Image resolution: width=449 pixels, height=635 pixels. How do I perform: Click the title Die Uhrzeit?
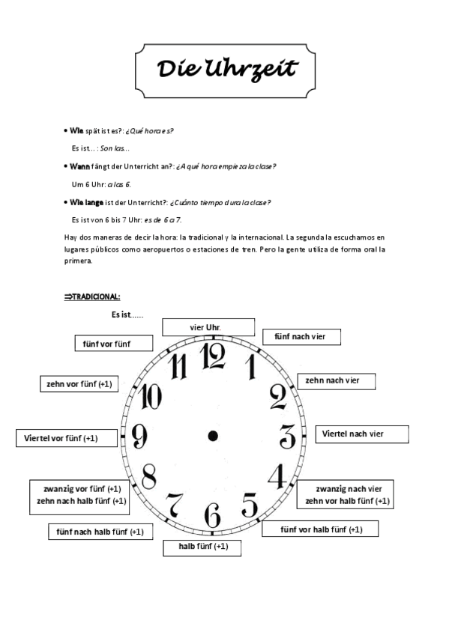(x=226, y=69)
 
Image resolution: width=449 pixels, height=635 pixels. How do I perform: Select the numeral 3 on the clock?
(x=287, y=434)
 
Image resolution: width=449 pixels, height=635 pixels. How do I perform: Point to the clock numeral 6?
(x=212, y=515)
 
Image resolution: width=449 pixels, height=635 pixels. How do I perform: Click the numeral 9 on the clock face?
(x=139, y=435)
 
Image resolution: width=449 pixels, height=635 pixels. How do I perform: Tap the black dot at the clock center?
(x=213, y=435)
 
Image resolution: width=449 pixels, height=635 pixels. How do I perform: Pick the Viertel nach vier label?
(x=361, y=434)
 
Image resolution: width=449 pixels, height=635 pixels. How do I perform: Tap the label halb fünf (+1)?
(x=203, y=547)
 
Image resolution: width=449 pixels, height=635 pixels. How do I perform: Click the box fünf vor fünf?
(x=113, y=343)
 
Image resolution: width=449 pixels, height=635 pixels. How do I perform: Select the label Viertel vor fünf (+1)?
(x=67, y=438)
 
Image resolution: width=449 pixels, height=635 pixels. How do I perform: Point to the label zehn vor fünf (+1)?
(x=79, y=384)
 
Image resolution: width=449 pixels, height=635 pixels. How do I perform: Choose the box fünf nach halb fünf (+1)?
(x=100, y=532)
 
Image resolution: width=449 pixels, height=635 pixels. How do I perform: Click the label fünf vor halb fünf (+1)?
(x=320, y=529)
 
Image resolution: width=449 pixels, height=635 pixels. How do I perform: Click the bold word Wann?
(x=79, y=166)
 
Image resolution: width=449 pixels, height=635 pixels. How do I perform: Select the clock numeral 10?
(x=151, y=395)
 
